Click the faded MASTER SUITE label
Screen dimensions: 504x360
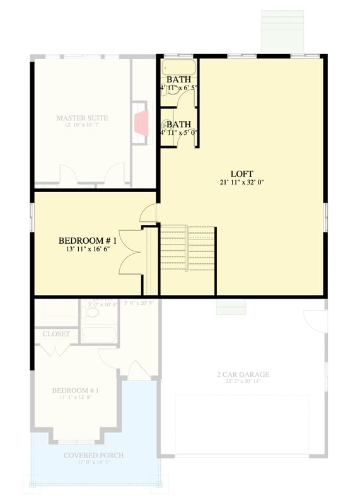pyautogui.click(x=82, y=118)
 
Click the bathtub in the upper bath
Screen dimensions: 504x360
pyautogui.click(x=178, y=68)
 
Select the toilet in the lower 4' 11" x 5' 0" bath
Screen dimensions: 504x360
pyautogui.click(x=167, y=123)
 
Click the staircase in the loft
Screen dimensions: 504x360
pyautogui.click(x=188, y=248)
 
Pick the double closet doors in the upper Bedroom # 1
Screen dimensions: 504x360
pyautogui.click(x=131, y=252)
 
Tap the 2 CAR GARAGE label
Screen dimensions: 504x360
pyautogui.click(x=243, y=374)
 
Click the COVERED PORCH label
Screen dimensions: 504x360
pyautogui.click(x=93, y=455)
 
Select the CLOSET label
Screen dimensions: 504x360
pyautogui.click(x=56, y=334)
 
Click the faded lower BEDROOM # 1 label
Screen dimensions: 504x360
pyautogui.click(x=75, y=390)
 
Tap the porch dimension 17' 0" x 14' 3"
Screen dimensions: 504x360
pyautogui.click(x=93, y=462)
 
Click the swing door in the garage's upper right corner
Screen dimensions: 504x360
pyautogui.click(x=315, y=321)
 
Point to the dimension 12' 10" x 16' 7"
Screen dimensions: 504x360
pyautogui.click(x=82, y=125)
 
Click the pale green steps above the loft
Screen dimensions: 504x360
pyautogui.click(x=282, y=31)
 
